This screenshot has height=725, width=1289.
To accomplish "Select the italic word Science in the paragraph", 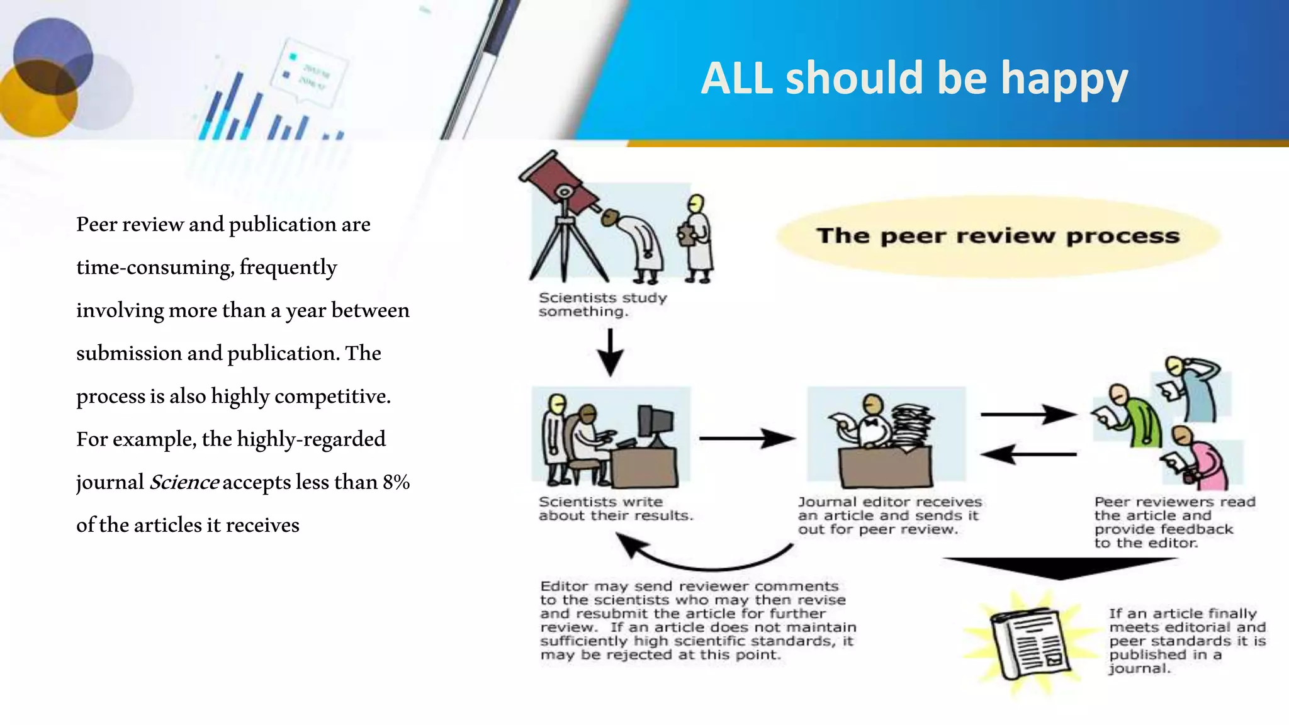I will pyautogui.click(x=184, y=482).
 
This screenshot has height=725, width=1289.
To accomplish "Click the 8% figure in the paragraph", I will pyautogui.click(x=396, y=482).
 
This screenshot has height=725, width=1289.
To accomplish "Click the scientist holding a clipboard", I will pyautogui.click(x=697, y=239).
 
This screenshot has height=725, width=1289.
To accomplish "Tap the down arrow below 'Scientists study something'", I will pyautogui.click(x=610, y=353).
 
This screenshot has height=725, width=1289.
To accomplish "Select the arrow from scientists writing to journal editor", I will pyautogui.click(x=746, y=438).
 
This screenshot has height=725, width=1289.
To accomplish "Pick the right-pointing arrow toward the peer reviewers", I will pyautogui.click(x=1028, y=414).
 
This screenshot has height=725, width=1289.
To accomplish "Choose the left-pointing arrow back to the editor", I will pyautogui.click(x=1028, y=453).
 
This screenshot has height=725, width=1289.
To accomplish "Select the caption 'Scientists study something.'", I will pyautogui.click(x=602, y=305).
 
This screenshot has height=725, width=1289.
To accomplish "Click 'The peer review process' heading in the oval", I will pyautogui.click(x=998, y=236).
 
